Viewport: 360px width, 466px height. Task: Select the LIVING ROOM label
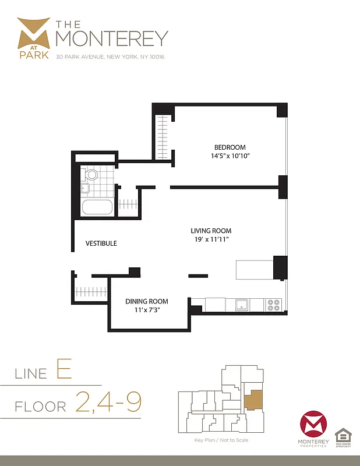click(x=211, y=231)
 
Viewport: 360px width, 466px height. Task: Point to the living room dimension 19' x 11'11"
click(x=211, y=239)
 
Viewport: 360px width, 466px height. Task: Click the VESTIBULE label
click(x=101, y=243)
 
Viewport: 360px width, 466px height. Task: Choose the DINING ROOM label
click(x=147, y=301)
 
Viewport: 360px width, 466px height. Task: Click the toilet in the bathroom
click(x=91, y=174)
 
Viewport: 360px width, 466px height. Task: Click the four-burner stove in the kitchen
click(x=273, y=304)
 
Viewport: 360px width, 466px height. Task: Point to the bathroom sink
click(x=84, y=188)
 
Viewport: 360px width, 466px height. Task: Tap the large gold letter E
click(x=64, y=370)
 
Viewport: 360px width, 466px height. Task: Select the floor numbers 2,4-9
click(x=108, y=403)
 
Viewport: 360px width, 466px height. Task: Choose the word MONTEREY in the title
click(x=111, y=38)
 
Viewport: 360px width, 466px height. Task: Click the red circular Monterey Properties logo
click(x=313, y=426)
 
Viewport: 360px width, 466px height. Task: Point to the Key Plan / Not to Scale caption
click(x=221, y=440)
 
